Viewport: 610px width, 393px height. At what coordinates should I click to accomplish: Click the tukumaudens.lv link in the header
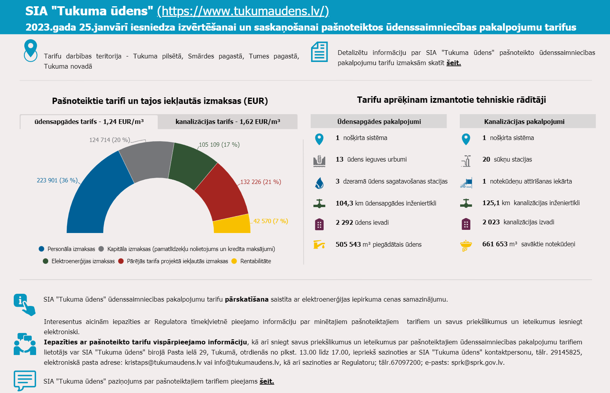[x=243, y=11]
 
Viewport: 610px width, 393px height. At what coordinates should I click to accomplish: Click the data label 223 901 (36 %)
[x=57, y=180]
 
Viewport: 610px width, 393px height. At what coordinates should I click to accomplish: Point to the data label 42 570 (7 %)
[x=270, y=221]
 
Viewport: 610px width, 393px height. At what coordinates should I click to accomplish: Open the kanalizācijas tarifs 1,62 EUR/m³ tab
[x=228, y=122]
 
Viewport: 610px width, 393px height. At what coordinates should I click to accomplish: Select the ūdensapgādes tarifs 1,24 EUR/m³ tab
[x=89, y=122]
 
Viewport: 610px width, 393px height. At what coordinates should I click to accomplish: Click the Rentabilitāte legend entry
[x=255, y=261]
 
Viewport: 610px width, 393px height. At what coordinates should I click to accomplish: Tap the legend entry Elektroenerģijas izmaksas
[x=83, y=261]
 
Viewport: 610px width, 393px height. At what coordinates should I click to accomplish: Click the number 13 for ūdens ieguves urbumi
[x=339, y=159]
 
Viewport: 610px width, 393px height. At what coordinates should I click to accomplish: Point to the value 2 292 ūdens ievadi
[x=344, y=222]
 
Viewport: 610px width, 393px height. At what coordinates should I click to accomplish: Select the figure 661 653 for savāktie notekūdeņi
[x=495, y=244]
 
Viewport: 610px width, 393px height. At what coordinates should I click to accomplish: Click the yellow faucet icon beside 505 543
[x=319, y=244]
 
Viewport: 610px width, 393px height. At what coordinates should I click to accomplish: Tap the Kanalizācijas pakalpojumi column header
[x=524, y=122]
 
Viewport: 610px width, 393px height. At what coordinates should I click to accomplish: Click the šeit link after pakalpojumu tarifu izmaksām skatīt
[x=453, y=63]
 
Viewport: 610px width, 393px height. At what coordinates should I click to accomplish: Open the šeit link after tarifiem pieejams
[x=267, y=381]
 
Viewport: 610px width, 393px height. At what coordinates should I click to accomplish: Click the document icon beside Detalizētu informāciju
[x=319, y=52]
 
